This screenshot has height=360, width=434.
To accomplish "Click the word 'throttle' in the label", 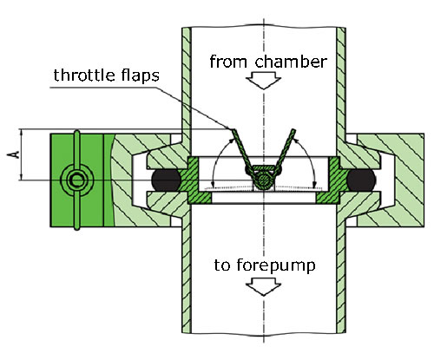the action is pos(83,75).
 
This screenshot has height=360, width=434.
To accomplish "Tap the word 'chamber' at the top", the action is pos(291,62).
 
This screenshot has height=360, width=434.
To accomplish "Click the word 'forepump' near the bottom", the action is pos(276,265).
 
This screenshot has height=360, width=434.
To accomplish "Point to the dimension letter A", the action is pos(13,154).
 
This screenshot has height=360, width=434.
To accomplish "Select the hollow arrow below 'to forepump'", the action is pos(263,287).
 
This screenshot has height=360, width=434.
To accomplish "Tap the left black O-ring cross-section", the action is pos(166,180).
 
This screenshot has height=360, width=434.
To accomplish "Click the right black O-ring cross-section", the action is pos(361,180).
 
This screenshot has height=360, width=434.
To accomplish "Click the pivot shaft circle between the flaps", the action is pos(263,180).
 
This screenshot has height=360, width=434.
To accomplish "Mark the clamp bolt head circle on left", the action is pos(77,180).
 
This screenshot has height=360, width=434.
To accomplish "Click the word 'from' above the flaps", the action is pos(225,62).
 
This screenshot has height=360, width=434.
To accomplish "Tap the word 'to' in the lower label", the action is pos(222,265).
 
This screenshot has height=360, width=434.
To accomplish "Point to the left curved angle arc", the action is pos(218,158).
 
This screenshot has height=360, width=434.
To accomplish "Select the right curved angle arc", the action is pos(309,158).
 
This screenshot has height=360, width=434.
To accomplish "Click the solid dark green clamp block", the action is pos(77,180).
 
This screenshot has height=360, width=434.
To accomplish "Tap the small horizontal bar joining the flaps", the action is pos(263,167).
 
